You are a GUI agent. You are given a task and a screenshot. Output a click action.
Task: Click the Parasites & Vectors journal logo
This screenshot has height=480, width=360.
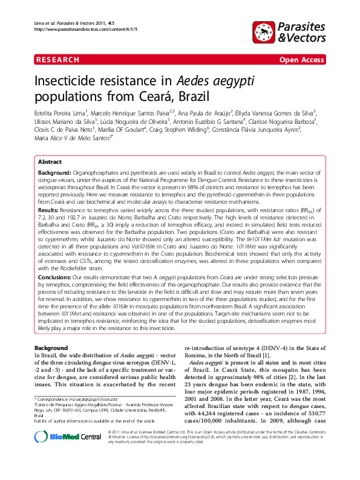pyautogui.click(x=289, y=32)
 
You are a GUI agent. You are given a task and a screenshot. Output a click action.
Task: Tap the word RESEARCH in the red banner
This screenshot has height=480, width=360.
pyautogui.click(x=58, y=60)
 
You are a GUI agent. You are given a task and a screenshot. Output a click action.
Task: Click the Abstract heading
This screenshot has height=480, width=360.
pyautogui.click(x=50, y=162)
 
